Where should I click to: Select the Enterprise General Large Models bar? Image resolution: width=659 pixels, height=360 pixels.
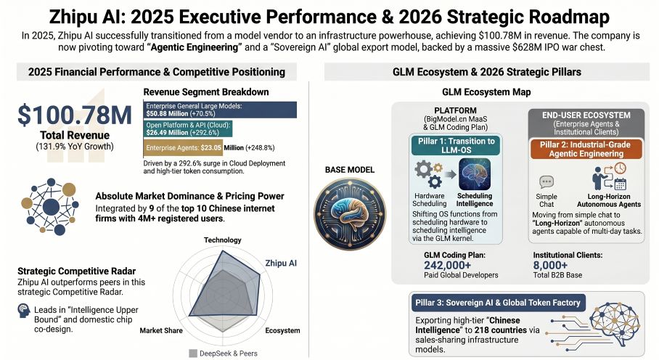click(x=220, y=110)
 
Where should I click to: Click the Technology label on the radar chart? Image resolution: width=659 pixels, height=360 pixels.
click(x=222, y=240)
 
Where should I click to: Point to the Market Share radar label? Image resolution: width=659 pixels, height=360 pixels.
click(x=160, y=330)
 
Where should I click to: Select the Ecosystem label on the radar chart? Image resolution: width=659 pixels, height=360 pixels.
click(x=282, y=330)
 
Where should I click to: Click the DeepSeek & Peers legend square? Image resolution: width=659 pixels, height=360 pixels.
click(x=193, y=353)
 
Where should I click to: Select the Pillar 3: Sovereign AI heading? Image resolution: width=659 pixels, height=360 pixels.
click(x=497, y=302)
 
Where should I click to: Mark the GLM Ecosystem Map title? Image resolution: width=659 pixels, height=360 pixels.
click(x=486, y=92)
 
